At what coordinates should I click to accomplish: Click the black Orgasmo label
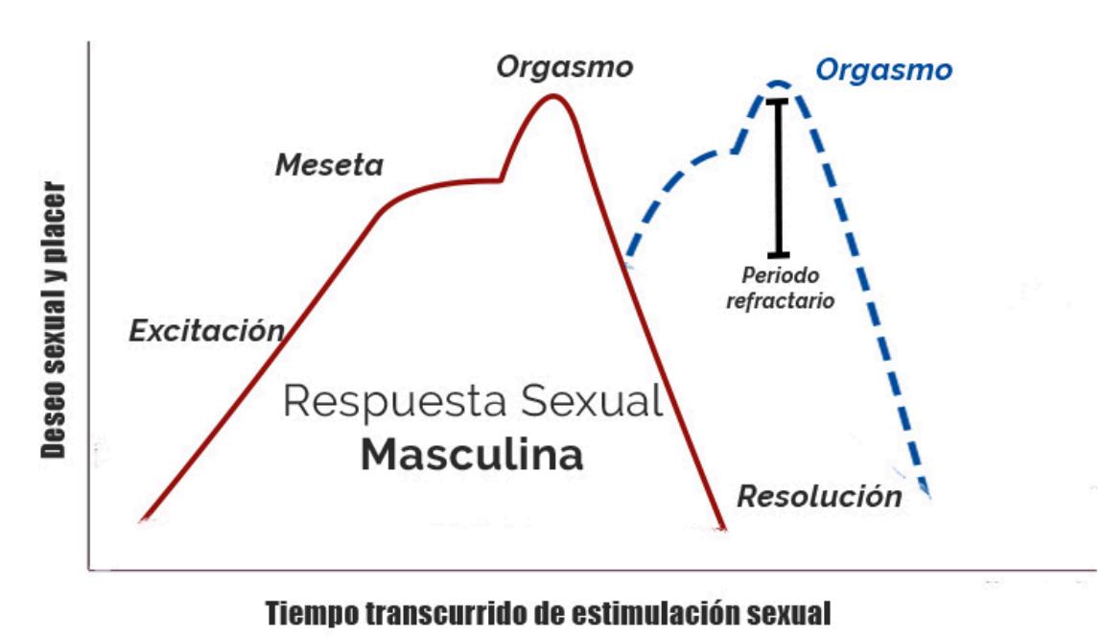click(565, 67)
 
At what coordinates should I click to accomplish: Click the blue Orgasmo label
click(883, 70)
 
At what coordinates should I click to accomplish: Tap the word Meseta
click(329, 165)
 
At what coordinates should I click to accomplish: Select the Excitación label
click(206, 332)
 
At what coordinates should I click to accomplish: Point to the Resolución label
click(819, 496)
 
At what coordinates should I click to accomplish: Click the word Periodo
click(780, 276)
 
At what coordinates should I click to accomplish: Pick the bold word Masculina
click(472, 456)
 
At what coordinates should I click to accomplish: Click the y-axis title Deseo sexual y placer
click(56, 317)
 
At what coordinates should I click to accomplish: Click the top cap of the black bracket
click(779, 100)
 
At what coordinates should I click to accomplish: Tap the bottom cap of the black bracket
click(779, 254)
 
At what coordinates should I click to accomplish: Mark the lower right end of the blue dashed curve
click(927, 495)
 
